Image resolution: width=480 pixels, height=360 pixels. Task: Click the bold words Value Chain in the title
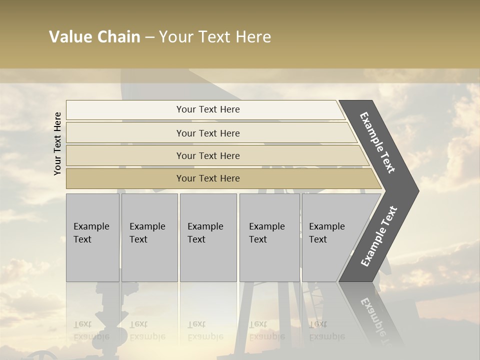tap(94, 37)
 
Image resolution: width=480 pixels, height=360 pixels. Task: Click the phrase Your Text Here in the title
tap(215, 37)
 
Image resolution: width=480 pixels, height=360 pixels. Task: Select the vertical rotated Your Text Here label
tap(57, 143)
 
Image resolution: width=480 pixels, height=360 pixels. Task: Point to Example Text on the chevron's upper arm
tap(377, 142)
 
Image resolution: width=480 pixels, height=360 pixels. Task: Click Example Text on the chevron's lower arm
tap(379, 236)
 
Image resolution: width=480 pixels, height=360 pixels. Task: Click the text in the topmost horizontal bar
tap(208, 109)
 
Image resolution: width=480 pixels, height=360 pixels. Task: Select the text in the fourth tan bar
tap(208, 178)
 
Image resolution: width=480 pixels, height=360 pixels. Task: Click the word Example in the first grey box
tap(91, 226)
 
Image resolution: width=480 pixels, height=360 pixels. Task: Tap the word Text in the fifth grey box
tap(318, 239)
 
